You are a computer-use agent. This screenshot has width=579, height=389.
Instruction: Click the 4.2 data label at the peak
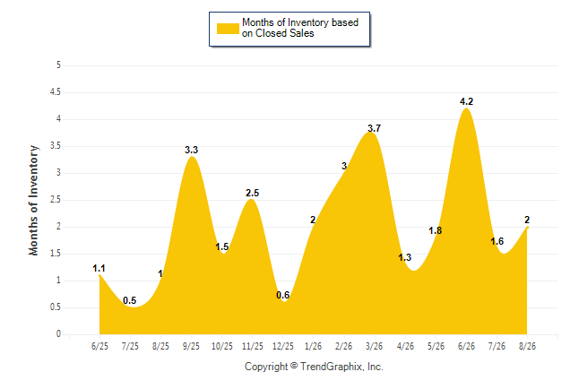(x=466, y=101)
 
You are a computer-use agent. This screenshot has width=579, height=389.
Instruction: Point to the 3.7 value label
(x=374, y=128)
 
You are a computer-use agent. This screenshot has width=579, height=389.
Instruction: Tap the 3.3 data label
(x=191, y=150)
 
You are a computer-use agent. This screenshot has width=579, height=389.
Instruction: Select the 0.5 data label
(x=130, y=300)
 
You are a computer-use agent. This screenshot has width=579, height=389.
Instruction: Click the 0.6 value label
(x=283, y=295)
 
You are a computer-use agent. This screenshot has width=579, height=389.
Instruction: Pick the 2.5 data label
(x=253, y=193)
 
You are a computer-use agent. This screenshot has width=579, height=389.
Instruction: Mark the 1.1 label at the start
(x=99, y=269)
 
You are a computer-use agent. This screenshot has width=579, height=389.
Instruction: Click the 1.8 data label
(x=436, y=231)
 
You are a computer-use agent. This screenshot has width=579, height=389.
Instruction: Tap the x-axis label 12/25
(x=283, y=347)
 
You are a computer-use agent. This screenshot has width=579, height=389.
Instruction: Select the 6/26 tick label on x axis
(x=466, y=347)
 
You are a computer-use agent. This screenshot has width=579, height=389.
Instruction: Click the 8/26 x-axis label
(x=527, y=347)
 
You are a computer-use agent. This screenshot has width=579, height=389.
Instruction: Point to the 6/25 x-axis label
(x=99, y=347)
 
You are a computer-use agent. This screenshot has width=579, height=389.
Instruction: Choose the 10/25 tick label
(x=222, y=347)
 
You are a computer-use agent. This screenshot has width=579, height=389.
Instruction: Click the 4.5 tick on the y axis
(x=56, y=92)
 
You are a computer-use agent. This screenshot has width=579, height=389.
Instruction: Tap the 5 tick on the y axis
(x=58, y=65)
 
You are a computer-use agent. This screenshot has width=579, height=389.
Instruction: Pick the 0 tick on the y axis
(x=58, y=334)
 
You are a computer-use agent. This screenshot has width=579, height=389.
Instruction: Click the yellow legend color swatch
(x=228, y=29)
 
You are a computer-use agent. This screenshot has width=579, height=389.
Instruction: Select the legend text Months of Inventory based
(x=300, y=22)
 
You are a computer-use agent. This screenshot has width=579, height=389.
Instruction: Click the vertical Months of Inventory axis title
(x=33, y=200)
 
